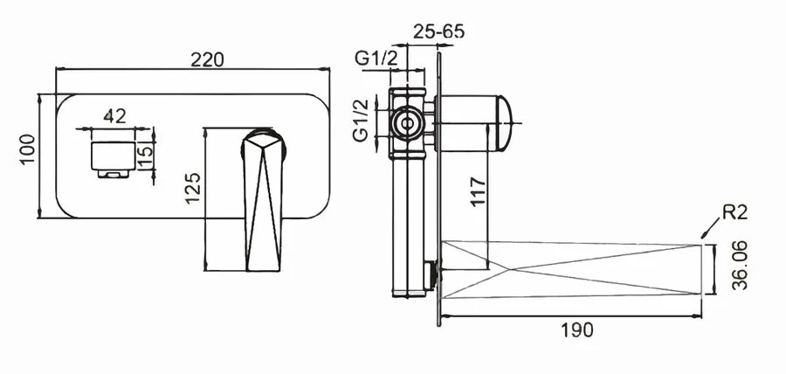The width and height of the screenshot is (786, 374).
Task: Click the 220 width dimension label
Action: (x=207, y=59)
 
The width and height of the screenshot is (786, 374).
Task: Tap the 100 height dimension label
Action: (x=27, y=149)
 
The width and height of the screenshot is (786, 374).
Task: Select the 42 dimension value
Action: (x=114, y=116)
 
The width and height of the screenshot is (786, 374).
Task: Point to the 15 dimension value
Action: (x=145, y=156)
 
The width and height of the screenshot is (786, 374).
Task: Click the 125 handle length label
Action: (x=193, y=188)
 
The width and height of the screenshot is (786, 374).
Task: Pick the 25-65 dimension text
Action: (x=439, y=31)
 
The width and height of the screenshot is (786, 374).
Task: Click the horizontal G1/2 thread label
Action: (x=376, y=59)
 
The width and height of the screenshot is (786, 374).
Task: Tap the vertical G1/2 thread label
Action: (x=361, y=121)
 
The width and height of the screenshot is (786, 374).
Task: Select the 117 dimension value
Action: (x=479, y=191)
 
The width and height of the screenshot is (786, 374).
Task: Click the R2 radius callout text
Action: (x=734, y=212)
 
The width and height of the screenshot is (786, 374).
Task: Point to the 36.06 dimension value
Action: (x=740, y=266)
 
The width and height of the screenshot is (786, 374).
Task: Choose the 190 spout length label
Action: (x=576, y=330)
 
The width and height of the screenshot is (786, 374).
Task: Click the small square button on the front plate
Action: (x=114, y=156)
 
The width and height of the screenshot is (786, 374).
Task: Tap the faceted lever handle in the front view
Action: (x=263, y=200)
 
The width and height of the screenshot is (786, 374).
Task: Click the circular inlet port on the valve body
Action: (x=407, y=123)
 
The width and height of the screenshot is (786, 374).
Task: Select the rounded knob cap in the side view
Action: (x=503, y=123)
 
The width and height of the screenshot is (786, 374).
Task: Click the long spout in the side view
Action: (x=571, y=270)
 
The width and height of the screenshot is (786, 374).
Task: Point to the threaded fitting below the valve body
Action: (x=429, y=274)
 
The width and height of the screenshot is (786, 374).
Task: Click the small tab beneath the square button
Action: (x=114, y=174)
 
